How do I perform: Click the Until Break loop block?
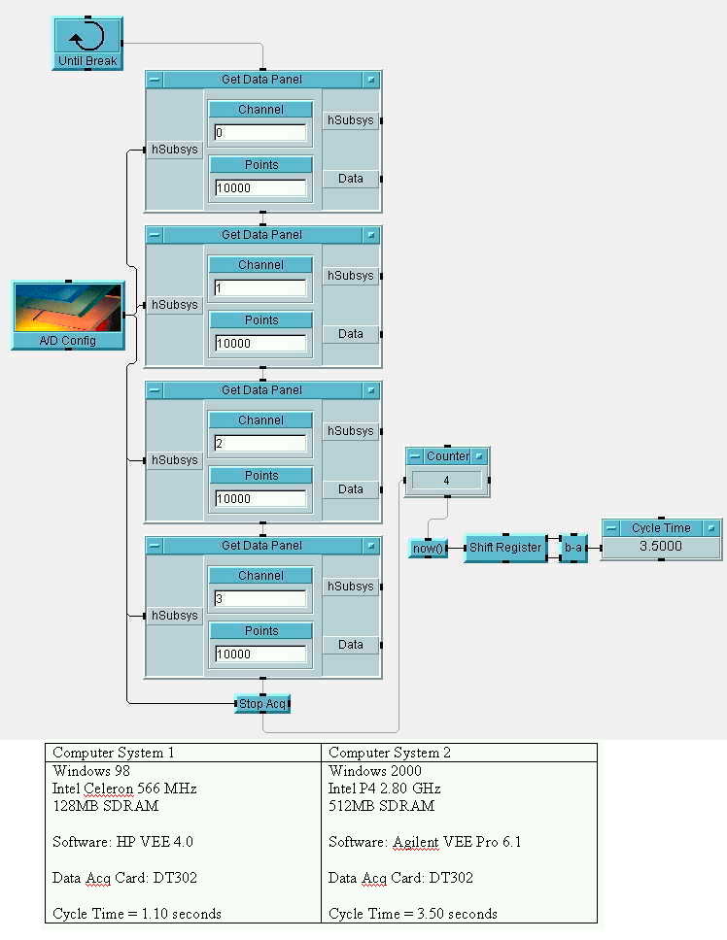(x=87, y=43)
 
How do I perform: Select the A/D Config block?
(x=68, y=315)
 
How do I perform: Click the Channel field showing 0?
(x=260, y=133)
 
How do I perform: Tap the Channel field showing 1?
(x=260, y=288)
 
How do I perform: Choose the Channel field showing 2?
(x=260, y=444)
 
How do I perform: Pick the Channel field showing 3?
(x=260, y=599)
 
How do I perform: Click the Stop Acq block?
(x=263, y=703)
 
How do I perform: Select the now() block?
(x=428, y=548)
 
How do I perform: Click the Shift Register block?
(x=504, y=548)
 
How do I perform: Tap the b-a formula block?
(x=573, y=548)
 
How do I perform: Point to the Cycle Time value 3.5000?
(x=661, y=547)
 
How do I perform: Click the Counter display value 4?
(x=447, y=480)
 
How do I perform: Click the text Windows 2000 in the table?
(x=375, y=771)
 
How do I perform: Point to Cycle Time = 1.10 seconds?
(x=137, y=914)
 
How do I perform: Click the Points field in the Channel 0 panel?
(x=260, y=188)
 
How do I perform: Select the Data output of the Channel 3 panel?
(x=351, y=645)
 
